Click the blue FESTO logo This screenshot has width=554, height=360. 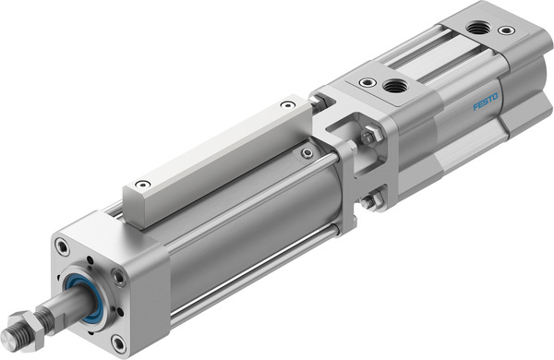coord(486,101)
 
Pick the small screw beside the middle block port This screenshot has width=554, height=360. coord(368,83)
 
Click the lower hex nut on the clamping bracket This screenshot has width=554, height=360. coord(370,200)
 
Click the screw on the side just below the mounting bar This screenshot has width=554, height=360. coord(307,151)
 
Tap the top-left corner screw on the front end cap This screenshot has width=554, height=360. coord(62,246)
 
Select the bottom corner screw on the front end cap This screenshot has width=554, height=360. coord(117,343)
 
